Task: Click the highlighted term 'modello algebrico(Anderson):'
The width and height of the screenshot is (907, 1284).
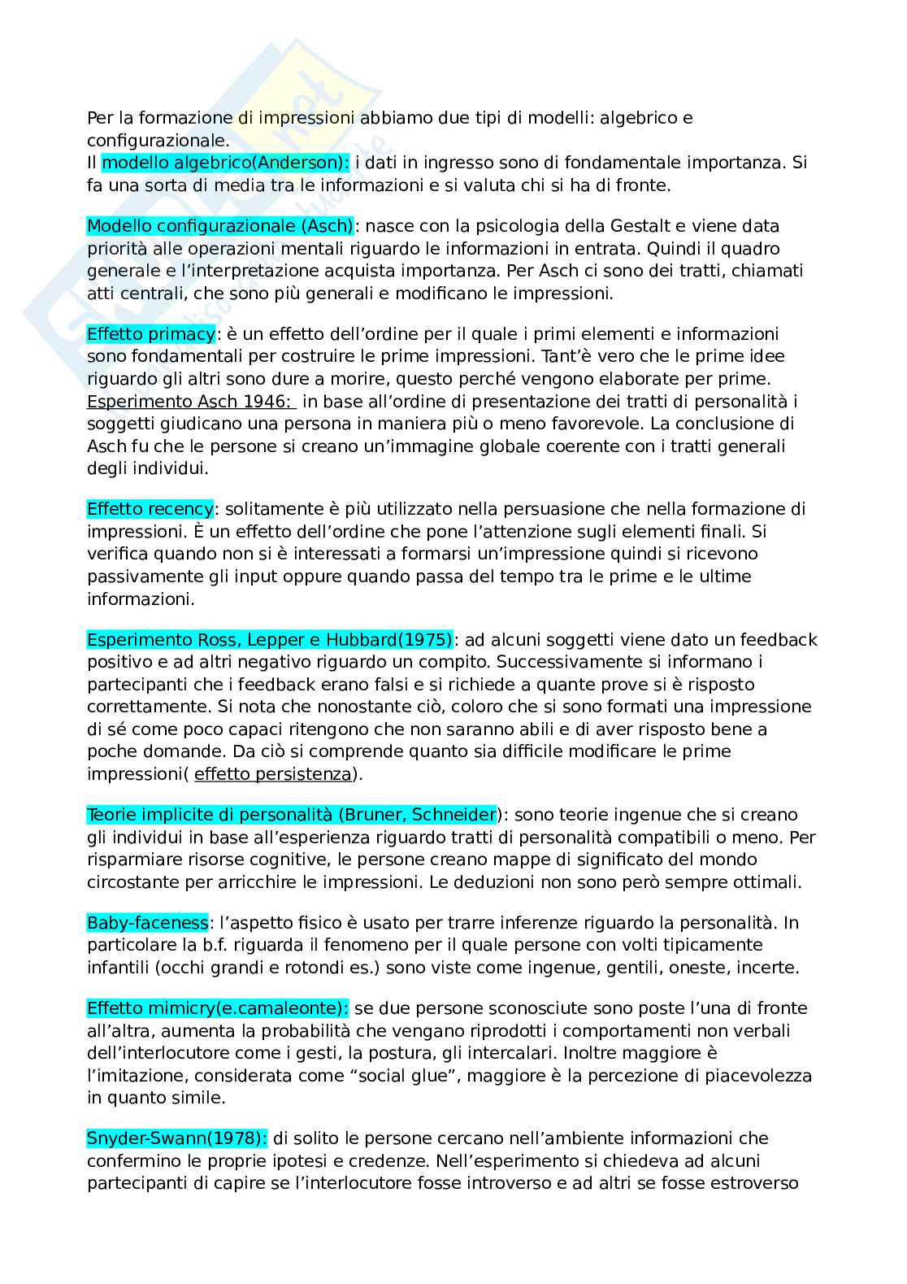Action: [225, 163]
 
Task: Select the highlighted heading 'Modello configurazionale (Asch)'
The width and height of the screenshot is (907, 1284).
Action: [220, 226]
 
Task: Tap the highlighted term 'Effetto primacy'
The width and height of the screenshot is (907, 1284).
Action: [151, 334]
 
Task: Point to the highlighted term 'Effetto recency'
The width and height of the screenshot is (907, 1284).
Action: [150, 510]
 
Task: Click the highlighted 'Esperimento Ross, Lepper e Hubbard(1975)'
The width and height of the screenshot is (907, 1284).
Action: [270, 641]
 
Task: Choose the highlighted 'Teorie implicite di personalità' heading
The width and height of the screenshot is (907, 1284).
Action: [291, 816]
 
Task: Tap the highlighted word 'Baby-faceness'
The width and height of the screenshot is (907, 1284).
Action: [148, 924]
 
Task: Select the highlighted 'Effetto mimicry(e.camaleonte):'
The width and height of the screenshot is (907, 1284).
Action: [218, 1009]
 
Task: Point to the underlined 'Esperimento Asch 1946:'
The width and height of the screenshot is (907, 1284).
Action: [192, 402]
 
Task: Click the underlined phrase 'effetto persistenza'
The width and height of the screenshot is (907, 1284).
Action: [273, 774]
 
